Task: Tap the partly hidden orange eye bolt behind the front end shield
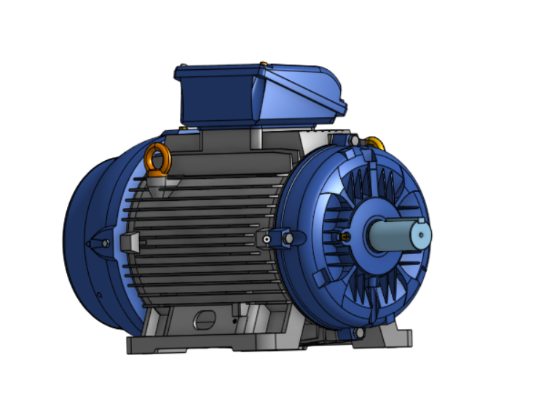[376, 143]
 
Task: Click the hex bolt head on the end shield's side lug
[287, 238]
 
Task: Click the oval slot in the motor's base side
[205, 319]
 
